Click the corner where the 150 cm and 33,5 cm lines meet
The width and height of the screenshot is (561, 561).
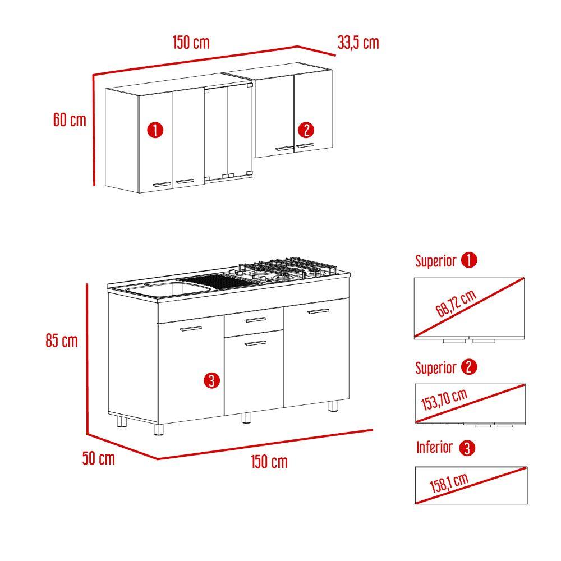(297, 46)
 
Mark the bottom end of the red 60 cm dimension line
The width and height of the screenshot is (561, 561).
(94, 185)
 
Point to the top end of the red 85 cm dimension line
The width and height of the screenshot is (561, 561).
(87, 284)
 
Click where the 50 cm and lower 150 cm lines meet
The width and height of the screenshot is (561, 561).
(158, 459)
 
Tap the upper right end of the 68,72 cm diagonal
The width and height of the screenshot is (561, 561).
(524, 278)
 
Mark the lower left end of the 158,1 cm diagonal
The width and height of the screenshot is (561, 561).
(416, 503)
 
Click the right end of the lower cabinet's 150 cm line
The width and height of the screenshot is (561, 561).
(373, 430)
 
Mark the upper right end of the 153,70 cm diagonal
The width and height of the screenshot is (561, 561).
(525, 385)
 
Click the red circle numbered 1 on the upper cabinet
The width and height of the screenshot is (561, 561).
(155, 130)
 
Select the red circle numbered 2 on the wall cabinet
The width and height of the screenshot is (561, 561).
(306, 130)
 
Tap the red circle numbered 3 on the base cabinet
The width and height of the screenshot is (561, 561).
(211, 380)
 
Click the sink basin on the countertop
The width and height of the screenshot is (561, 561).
(167, 289)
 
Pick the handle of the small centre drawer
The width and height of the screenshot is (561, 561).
(255, 320)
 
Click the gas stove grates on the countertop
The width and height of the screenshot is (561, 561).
(286, 269)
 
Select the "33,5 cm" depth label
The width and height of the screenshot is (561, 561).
(358, 43)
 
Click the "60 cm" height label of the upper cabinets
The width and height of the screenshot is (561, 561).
(70, 119)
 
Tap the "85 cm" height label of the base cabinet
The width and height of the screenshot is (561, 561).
(62, 341)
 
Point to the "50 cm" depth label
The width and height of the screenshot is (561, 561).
(98, 458)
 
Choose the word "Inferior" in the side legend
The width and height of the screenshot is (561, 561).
(434, 447)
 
